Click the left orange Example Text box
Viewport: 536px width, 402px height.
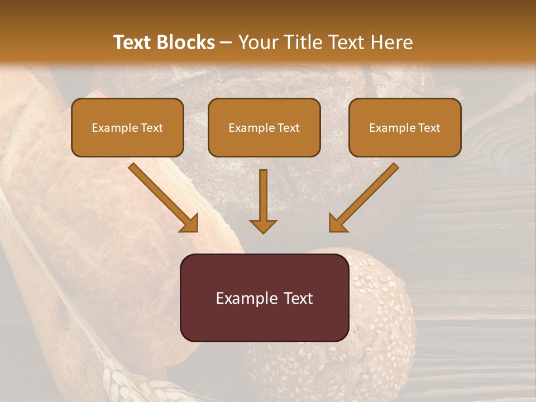tap(127, 127)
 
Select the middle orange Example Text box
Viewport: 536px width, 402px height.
tap(264, 127)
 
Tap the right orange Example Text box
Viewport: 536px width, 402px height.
tap(405, 127)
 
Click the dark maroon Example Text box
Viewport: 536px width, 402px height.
tap(264, 298)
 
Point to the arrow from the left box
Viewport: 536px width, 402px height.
tap(162, 197)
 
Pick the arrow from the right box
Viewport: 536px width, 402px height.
tap(364, 197)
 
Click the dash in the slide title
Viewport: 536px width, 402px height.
tap(226, 42)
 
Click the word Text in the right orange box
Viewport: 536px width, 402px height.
tap(429, 128)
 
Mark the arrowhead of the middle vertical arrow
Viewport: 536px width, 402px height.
tap(263, 226)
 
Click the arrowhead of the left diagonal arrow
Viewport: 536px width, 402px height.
tap(190, 224)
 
